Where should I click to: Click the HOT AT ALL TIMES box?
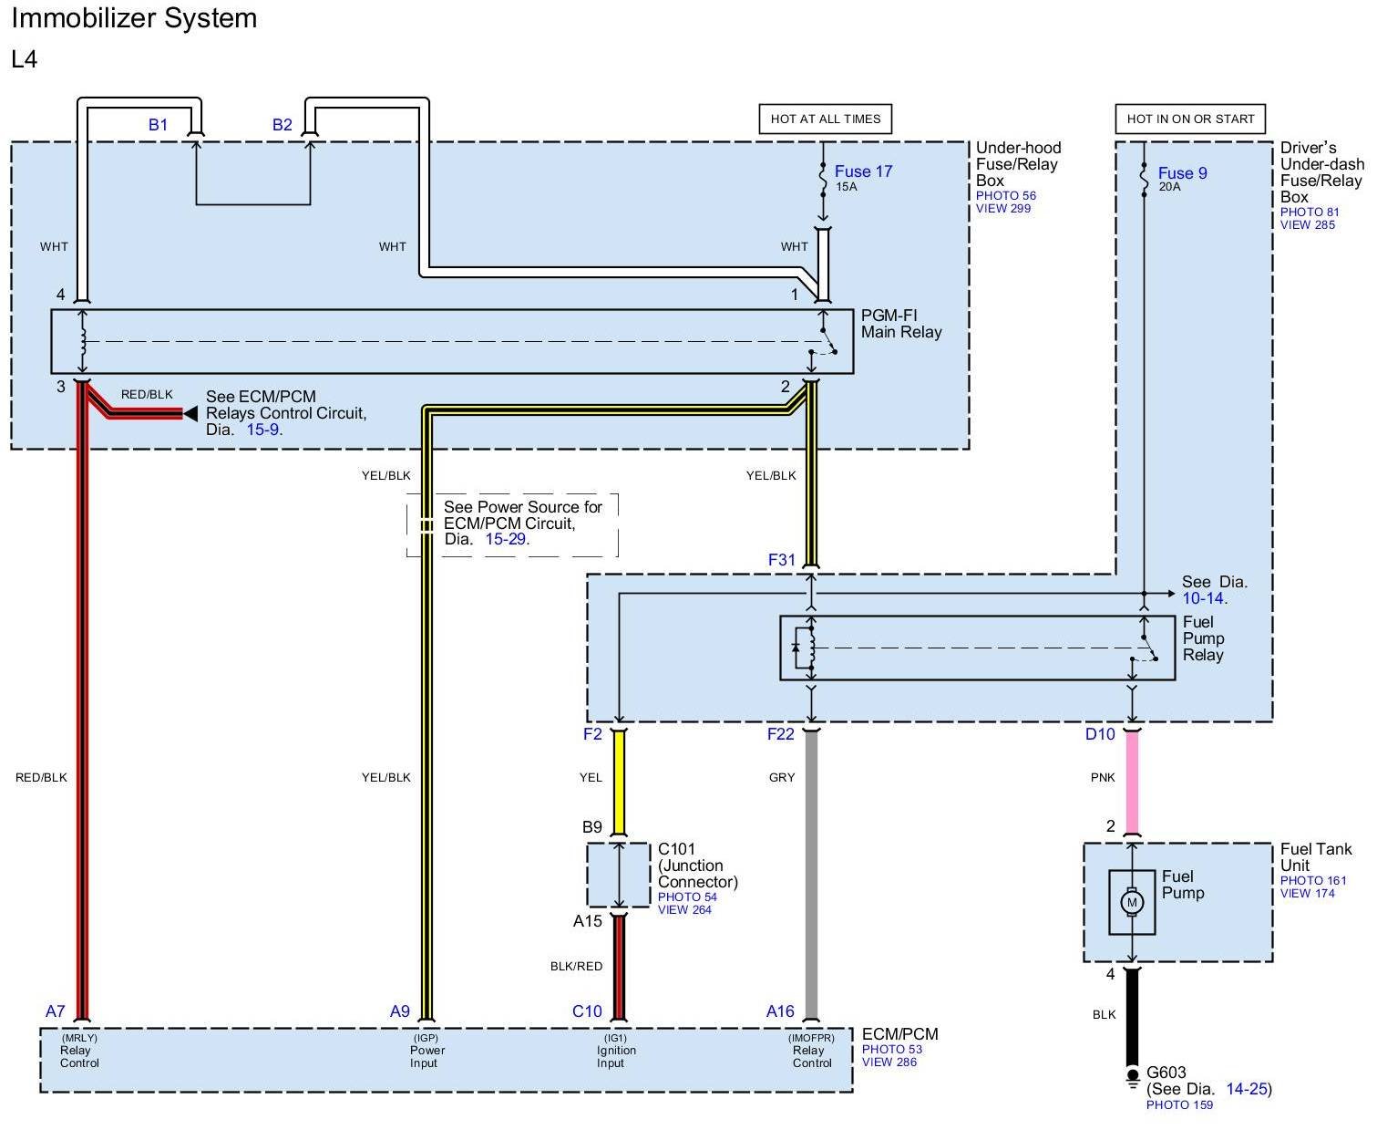point(825,119)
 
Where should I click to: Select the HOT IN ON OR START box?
point(1189,119)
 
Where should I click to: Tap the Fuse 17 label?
point(863,171)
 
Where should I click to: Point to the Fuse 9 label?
point(1182,173)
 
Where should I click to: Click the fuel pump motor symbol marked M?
point(1132,903)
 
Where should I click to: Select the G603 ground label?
point(1166,1073)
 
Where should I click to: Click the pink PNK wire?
point(1132,782)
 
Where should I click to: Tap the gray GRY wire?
point(811,875)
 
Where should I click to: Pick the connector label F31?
point(782,560)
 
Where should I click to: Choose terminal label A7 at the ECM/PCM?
point(56,1011)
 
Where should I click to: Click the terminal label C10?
point(587,1011)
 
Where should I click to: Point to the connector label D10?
point(1100,734)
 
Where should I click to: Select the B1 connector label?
point(158,125)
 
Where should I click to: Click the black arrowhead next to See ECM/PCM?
point(190,413)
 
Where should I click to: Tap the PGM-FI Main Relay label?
point(901,324)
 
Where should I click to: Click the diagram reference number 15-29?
point(506,539)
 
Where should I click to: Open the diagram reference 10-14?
point(1203,598)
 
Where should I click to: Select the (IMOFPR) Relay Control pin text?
point(812,1050)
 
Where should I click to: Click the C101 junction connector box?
point(618,875)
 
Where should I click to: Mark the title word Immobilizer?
point(84,18)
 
